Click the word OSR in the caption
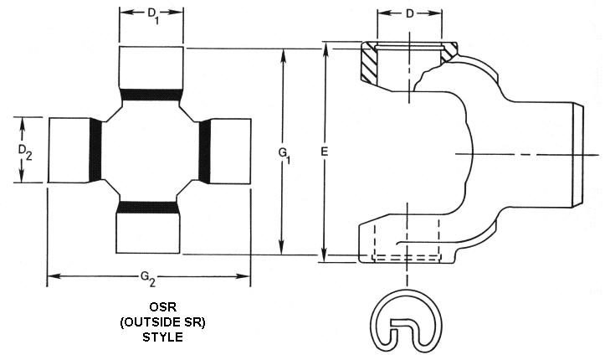(x=150, y=307)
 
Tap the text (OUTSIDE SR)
(x=150, y=322)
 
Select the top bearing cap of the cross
(x=151, y=66)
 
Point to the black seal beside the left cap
(x=95, y=150)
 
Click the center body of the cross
(x=150, y=150)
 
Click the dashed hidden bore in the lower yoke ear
(x=407, y=239)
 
